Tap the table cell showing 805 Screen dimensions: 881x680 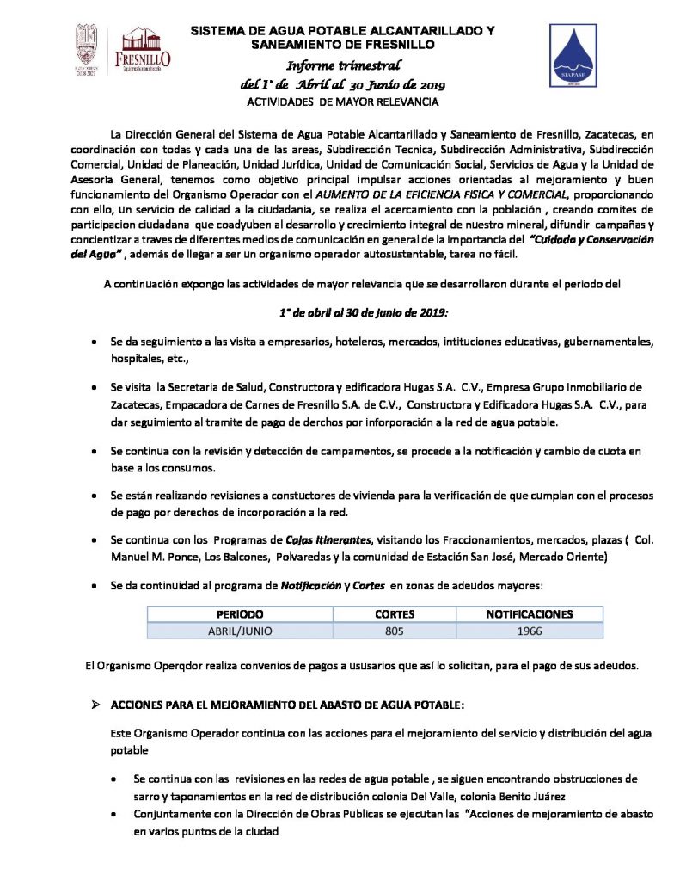pyautogui.click(x=395, y=630)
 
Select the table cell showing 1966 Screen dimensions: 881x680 pyautogui.click(x=529, y=630)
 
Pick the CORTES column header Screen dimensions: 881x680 pyautogui.click(x=395, y=614)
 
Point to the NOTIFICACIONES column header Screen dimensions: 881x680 pyautogui.click(x=529, y=614)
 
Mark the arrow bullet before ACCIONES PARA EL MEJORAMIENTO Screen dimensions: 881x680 pyautogui.click(x=96, y=705)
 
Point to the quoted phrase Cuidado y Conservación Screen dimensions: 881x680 pyautogui.click(x=593, y=238)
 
